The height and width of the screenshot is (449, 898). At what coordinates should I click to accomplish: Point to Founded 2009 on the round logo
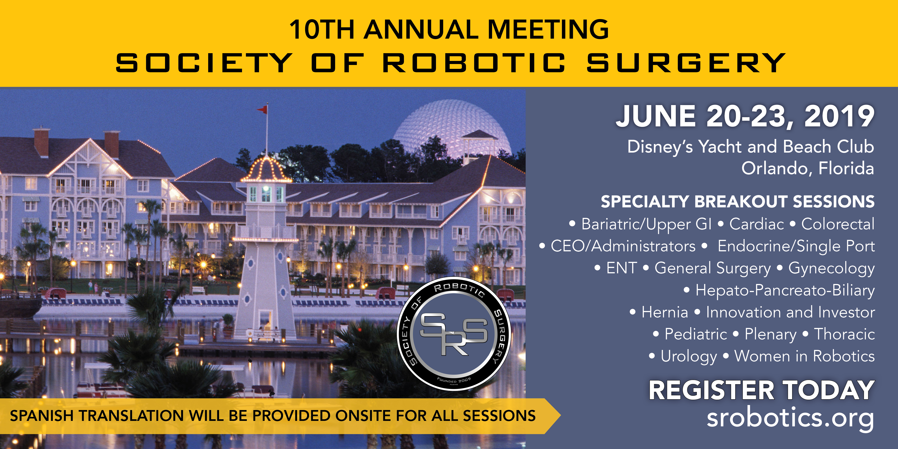click(454, 380)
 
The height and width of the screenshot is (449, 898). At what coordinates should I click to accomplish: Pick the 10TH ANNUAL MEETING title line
click(449, 30)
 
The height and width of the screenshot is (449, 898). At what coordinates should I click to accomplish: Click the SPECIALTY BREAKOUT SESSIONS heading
click(738, 202)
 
